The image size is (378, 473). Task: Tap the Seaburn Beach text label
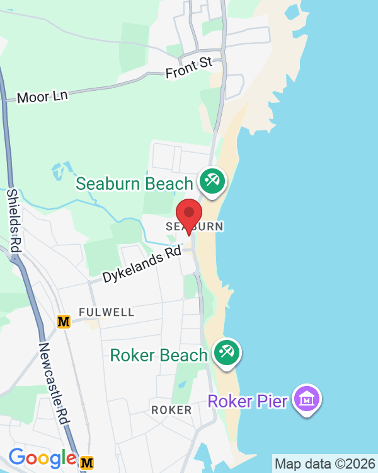tap(134, 184)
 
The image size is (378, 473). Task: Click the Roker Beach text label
tap(159, 355)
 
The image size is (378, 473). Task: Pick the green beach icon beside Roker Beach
tap(226, 353)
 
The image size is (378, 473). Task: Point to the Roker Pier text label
tap(248, 400)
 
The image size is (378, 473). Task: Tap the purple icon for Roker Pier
tap(306, 399)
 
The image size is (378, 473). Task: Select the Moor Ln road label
tap(42, 96)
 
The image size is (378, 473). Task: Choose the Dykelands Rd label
tap(141, 266)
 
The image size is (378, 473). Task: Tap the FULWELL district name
tap(106, 312)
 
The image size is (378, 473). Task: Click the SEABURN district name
tap(195, 226)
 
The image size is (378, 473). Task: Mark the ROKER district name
tap(171, 410)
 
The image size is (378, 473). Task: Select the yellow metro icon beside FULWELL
tap(64, 322)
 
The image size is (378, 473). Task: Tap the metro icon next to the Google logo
tap(88, 463)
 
